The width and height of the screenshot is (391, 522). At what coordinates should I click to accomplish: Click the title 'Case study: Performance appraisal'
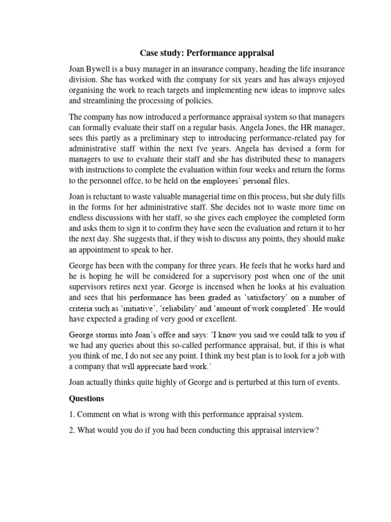pyautogui.click(x=207, y=53)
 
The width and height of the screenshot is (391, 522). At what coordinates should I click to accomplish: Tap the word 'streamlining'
pyautogui.click(x=108, y=101)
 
